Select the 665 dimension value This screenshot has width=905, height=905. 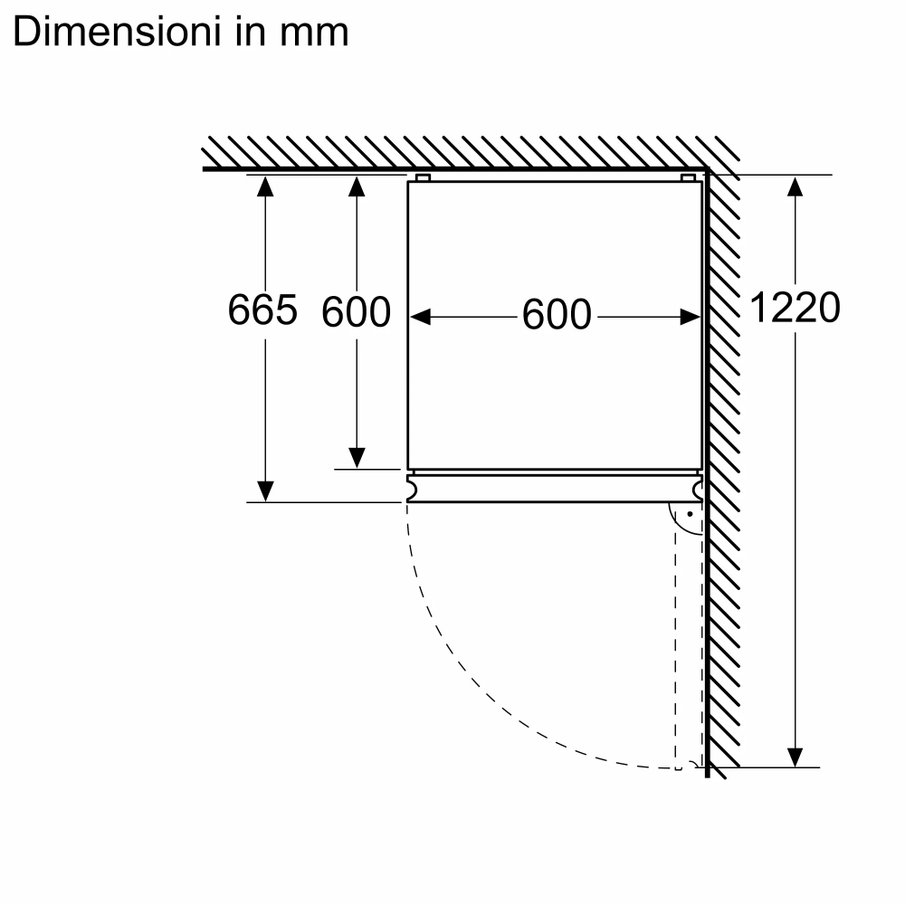click(x=262, y=311)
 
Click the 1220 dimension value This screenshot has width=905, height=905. click(x=795, y=309)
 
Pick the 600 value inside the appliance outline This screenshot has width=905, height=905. click(x=556, y=316)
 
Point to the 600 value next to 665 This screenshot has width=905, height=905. click(x=356, y=313)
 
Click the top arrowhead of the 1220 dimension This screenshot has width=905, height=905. click(x=795, y=186)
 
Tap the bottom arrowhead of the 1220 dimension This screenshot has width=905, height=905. click(x=795, y=756)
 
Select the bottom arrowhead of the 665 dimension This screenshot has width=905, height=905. click(x=264, y=491)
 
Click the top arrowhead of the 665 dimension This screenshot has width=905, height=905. click(x=264, y=186)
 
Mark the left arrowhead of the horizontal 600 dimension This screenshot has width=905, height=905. click(x=420, y=317)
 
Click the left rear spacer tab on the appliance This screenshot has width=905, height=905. click(x=423, y=177)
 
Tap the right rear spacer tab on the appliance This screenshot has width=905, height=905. click(x=688, y=177)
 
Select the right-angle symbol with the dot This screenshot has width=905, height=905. click(x=686, y=519)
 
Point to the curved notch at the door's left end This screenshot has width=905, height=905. click(x=413, y=489)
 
